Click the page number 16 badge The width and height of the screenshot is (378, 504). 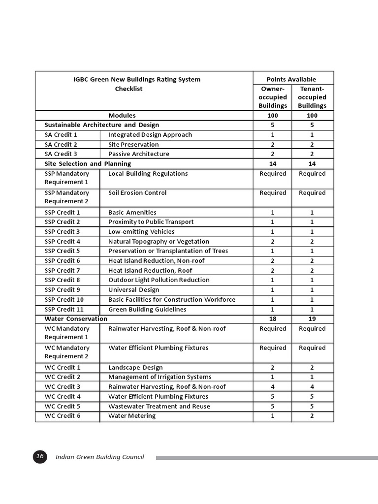pos(40,457)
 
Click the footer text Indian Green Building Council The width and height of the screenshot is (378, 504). pos(100,457)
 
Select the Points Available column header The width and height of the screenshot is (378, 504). pos(291,79)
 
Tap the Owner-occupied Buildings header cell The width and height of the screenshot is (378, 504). pos(273,97)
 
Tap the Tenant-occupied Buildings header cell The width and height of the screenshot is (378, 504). pos(312,97)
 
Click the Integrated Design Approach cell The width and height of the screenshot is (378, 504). pos(150,134)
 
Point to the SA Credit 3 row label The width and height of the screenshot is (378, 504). pos(61,154)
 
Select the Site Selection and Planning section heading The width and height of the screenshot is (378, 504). pos(88,163)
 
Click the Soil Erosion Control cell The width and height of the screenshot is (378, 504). pos(137,192)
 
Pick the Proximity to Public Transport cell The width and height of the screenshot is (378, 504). pos(151,221)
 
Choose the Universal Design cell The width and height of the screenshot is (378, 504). pos(134,289)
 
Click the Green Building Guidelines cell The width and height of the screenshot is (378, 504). pos(147,309)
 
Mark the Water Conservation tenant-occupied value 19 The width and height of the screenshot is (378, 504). pos(312,318)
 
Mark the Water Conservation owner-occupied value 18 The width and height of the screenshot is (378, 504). pos(273,318)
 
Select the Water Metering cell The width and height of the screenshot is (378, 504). pos(131,415)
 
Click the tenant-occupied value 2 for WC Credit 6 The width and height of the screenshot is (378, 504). pos(312,415)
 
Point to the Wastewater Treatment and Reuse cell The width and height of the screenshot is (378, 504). pos(159,406)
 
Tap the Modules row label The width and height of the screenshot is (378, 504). pos(122,115)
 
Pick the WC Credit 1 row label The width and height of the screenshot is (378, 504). pos(62,367)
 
